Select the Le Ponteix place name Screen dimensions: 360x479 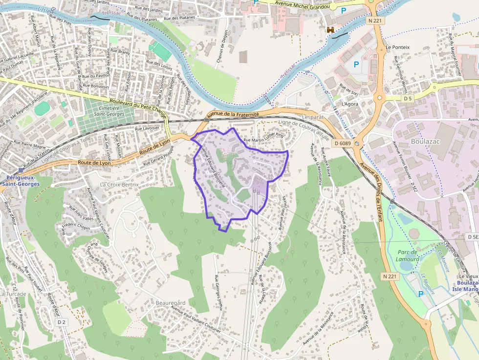(397, 47)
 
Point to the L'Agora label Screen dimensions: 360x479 (350, 104)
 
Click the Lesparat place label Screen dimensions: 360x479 (313, 118)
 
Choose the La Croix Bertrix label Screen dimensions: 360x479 (119, 185)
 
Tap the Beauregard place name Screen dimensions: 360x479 (171, 303)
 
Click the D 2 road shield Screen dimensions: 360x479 (62, 322)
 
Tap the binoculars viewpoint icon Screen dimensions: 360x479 (331, 30)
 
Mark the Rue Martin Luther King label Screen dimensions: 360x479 (263, 138)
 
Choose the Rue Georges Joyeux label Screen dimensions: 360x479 (219, 293)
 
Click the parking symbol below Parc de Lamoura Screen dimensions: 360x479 (421, 294)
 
